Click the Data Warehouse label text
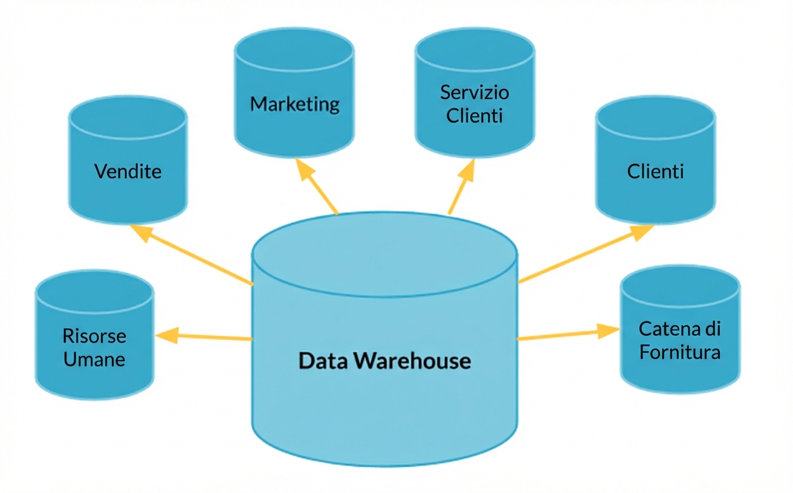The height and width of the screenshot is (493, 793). pos(384,361)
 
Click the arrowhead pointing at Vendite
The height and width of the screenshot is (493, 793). pos(141,232)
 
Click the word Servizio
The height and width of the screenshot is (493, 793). pos(474,92)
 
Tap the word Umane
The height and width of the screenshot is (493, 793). pos(94,359)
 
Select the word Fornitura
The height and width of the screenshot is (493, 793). pos(680,352)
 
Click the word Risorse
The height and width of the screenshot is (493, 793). pos(94,336)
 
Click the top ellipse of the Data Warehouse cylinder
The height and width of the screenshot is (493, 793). pos(384,254)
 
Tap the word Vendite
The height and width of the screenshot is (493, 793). pos(128,172)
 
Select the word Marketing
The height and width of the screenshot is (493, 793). pos(294,104)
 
